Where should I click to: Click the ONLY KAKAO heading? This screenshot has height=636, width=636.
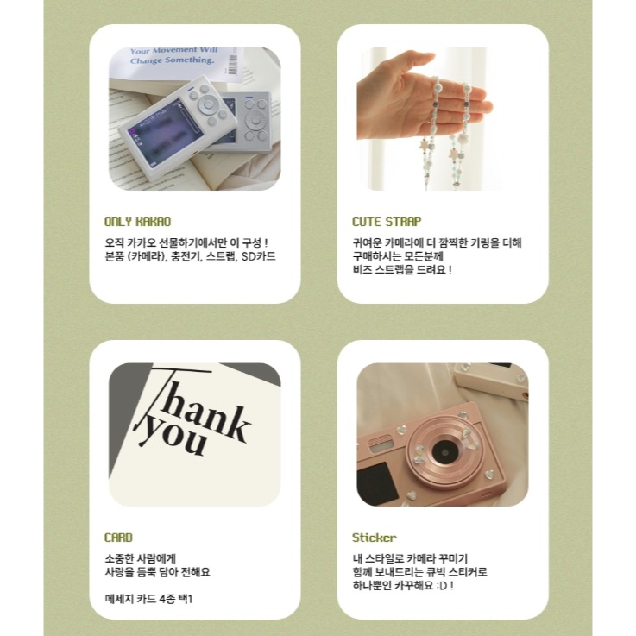137,222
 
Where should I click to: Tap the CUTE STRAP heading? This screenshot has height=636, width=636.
387,222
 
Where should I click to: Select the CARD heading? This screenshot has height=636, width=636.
118,538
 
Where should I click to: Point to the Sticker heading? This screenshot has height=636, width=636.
374,538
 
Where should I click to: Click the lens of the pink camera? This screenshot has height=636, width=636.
445,451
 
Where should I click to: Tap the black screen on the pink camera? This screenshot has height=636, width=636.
377,483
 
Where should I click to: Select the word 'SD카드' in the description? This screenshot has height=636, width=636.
258,257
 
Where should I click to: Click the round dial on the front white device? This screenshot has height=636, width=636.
209,104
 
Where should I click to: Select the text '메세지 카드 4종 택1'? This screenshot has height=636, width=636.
148,599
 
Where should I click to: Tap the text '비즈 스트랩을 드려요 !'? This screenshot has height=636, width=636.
402,270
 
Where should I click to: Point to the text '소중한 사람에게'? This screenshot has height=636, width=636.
141,558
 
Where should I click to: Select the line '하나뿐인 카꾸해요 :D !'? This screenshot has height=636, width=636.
403,586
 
